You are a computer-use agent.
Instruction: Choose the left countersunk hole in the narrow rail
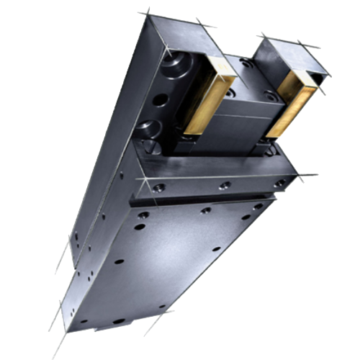coord(159,188)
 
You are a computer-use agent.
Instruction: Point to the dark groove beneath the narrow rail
coord(209,202)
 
